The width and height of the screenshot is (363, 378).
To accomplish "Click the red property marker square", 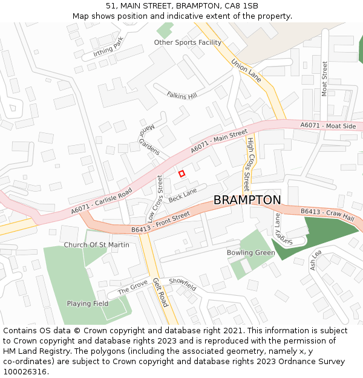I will point(181,174).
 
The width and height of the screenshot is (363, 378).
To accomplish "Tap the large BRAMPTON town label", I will point(247,200).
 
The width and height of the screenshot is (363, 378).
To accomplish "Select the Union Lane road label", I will point(246,70).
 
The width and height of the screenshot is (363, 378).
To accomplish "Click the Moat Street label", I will point(325,79).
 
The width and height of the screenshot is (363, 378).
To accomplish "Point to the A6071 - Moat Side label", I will point(329,126).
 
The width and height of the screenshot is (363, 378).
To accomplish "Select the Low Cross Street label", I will point(155,199).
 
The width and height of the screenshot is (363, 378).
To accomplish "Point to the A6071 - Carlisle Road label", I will point(101,201).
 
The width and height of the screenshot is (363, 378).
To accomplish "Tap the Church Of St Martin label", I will point(97,245).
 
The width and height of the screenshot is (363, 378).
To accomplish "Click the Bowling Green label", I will point(250,253).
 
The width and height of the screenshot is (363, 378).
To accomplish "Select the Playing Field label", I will point(87,304).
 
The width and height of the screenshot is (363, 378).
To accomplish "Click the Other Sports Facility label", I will point(188,42).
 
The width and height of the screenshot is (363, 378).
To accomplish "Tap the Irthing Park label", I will point(108,47).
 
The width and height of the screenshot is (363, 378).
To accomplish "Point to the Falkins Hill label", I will point(182,94).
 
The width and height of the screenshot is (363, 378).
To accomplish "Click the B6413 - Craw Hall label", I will point(327,214).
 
